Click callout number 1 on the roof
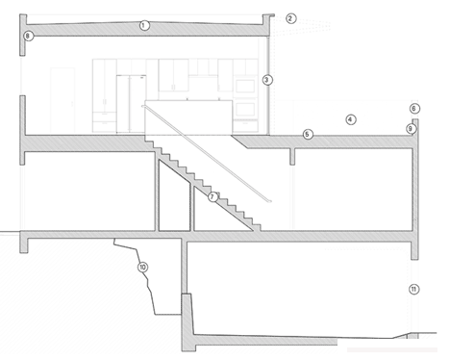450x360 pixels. (144, 25)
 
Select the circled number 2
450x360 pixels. (291, 18)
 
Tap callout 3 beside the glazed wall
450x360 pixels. (268, 79)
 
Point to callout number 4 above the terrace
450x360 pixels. (351, 119)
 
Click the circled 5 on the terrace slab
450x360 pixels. (307, 135)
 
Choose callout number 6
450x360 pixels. (414, 109)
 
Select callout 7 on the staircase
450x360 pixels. (212, 196)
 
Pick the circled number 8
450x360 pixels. (28, 36)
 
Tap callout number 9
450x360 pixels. (411, 127)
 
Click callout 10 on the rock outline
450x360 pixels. (143, 267)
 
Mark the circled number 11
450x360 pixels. (413, 289)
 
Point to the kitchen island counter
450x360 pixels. (187, 116)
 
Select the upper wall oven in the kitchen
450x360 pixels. (247, 86)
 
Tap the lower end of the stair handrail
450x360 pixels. (273, 201)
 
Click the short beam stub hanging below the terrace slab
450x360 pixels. (292, 155)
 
